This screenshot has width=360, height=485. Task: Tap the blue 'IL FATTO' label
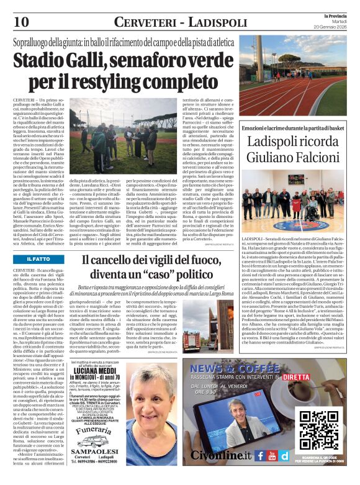(39, 258)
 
